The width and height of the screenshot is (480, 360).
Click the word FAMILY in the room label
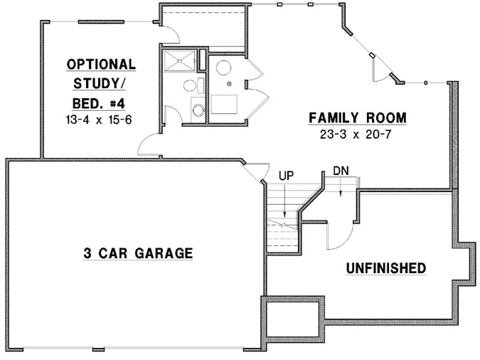click(331, 117)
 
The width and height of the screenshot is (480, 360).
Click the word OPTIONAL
click(102, 64)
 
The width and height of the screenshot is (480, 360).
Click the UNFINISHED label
click(385, 268)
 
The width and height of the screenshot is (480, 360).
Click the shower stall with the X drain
click(180, 61)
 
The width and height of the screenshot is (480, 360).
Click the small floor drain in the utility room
click(230, 83)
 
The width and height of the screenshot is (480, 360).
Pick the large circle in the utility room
click(223, 68)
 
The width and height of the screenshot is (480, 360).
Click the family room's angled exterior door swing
click(380, 69)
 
